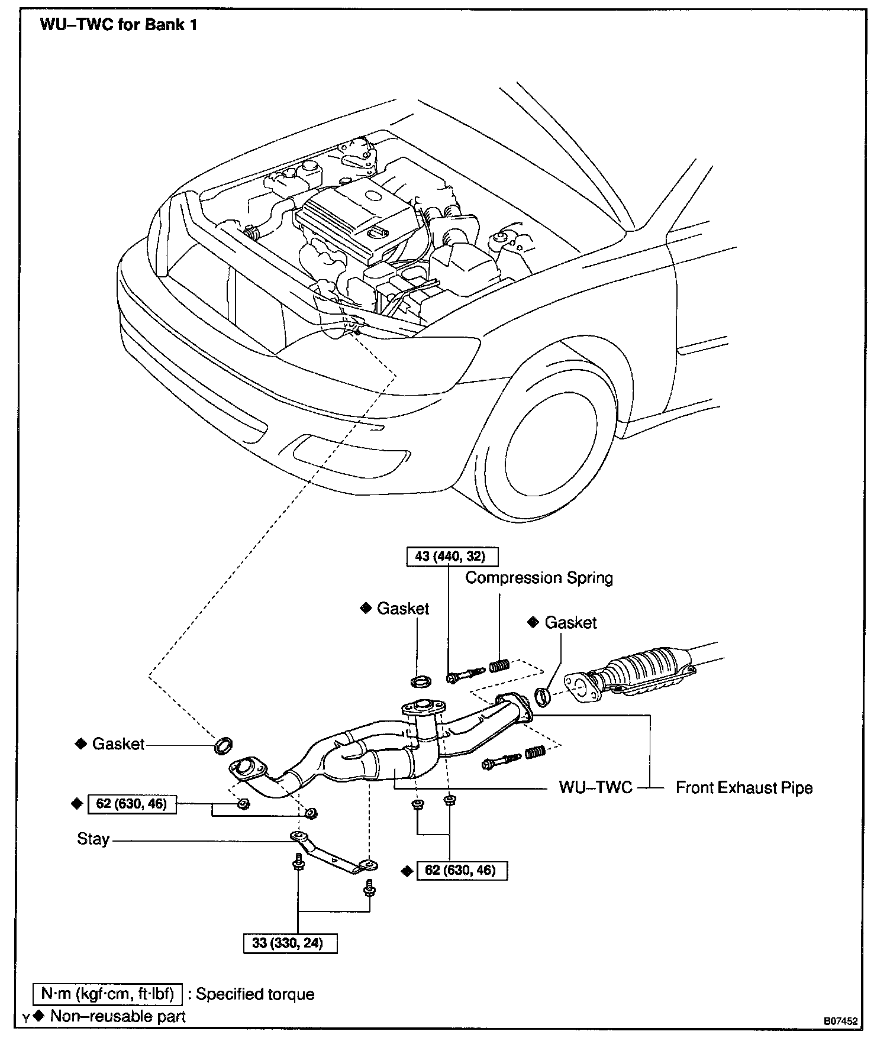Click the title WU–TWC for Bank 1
tap(118, 25)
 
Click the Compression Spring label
tap(538, 578)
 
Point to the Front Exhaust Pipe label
tap(744, 788)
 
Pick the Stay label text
tap(93, 839)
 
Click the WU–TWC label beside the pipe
tap(595, 788)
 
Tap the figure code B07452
tap(841, 1021)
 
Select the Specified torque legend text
tap(256, 994)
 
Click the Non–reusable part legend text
tap(118, 1016)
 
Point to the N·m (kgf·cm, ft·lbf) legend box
tap(107, 994)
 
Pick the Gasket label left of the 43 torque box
tap(402, 609)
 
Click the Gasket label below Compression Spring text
tap(570, 623)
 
